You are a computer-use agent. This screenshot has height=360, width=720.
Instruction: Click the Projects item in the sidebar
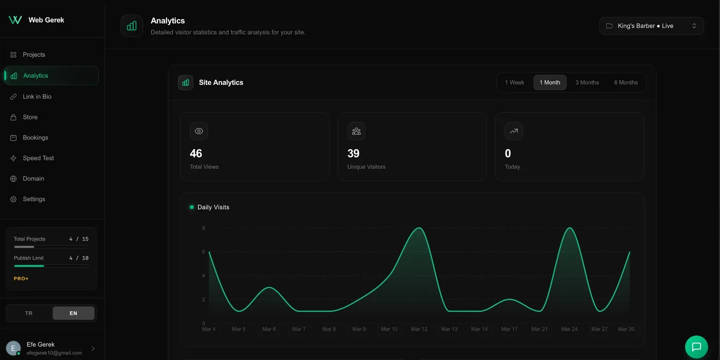(34, 55)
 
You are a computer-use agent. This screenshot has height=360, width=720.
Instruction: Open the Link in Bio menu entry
(37, 97)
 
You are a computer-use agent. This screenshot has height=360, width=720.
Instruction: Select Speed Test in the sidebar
(38, 158)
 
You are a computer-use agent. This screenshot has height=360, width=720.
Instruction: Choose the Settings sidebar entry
(34, 199)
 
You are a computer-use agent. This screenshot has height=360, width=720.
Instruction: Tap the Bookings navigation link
(35, 138)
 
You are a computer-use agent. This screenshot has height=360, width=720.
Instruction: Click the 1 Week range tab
(514, 82)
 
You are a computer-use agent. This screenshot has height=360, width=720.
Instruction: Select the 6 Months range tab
(625, 82)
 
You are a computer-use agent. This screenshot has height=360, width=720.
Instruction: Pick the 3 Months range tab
(587, 82)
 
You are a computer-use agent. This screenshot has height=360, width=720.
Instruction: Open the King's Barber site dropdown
(651, 26)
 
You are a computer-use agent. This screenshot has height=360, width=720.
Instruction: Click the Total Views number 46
(196, 153)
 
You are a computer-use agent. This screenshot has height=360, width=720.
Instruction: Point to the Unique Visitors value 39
(353, 153)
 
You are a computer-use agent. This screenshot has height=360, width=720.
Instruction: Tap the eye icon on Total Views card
(199, 131)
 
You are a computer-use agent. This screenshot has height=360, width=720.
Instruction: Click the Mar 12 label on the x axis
(419, 329)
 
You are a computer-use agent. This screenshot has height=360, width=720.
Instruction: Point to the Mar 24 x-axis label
(569, 329)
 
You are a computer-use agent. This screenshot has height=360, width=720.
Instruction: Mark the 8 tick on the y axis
(204, 228)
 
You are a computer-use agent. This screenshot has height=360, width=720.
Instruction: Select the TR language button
(29, 313)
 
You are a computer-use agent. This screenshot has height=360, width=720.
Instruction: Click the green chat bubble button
(696, 347)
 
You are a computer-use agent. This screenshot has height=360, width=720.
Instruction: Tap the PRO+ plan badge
(21, 279)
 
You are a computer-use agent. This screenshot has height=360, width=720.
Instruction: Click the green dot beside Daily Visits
(192, 207)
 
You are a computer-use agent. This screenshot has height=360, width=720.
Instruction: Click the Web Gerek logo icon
(15, 20)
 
